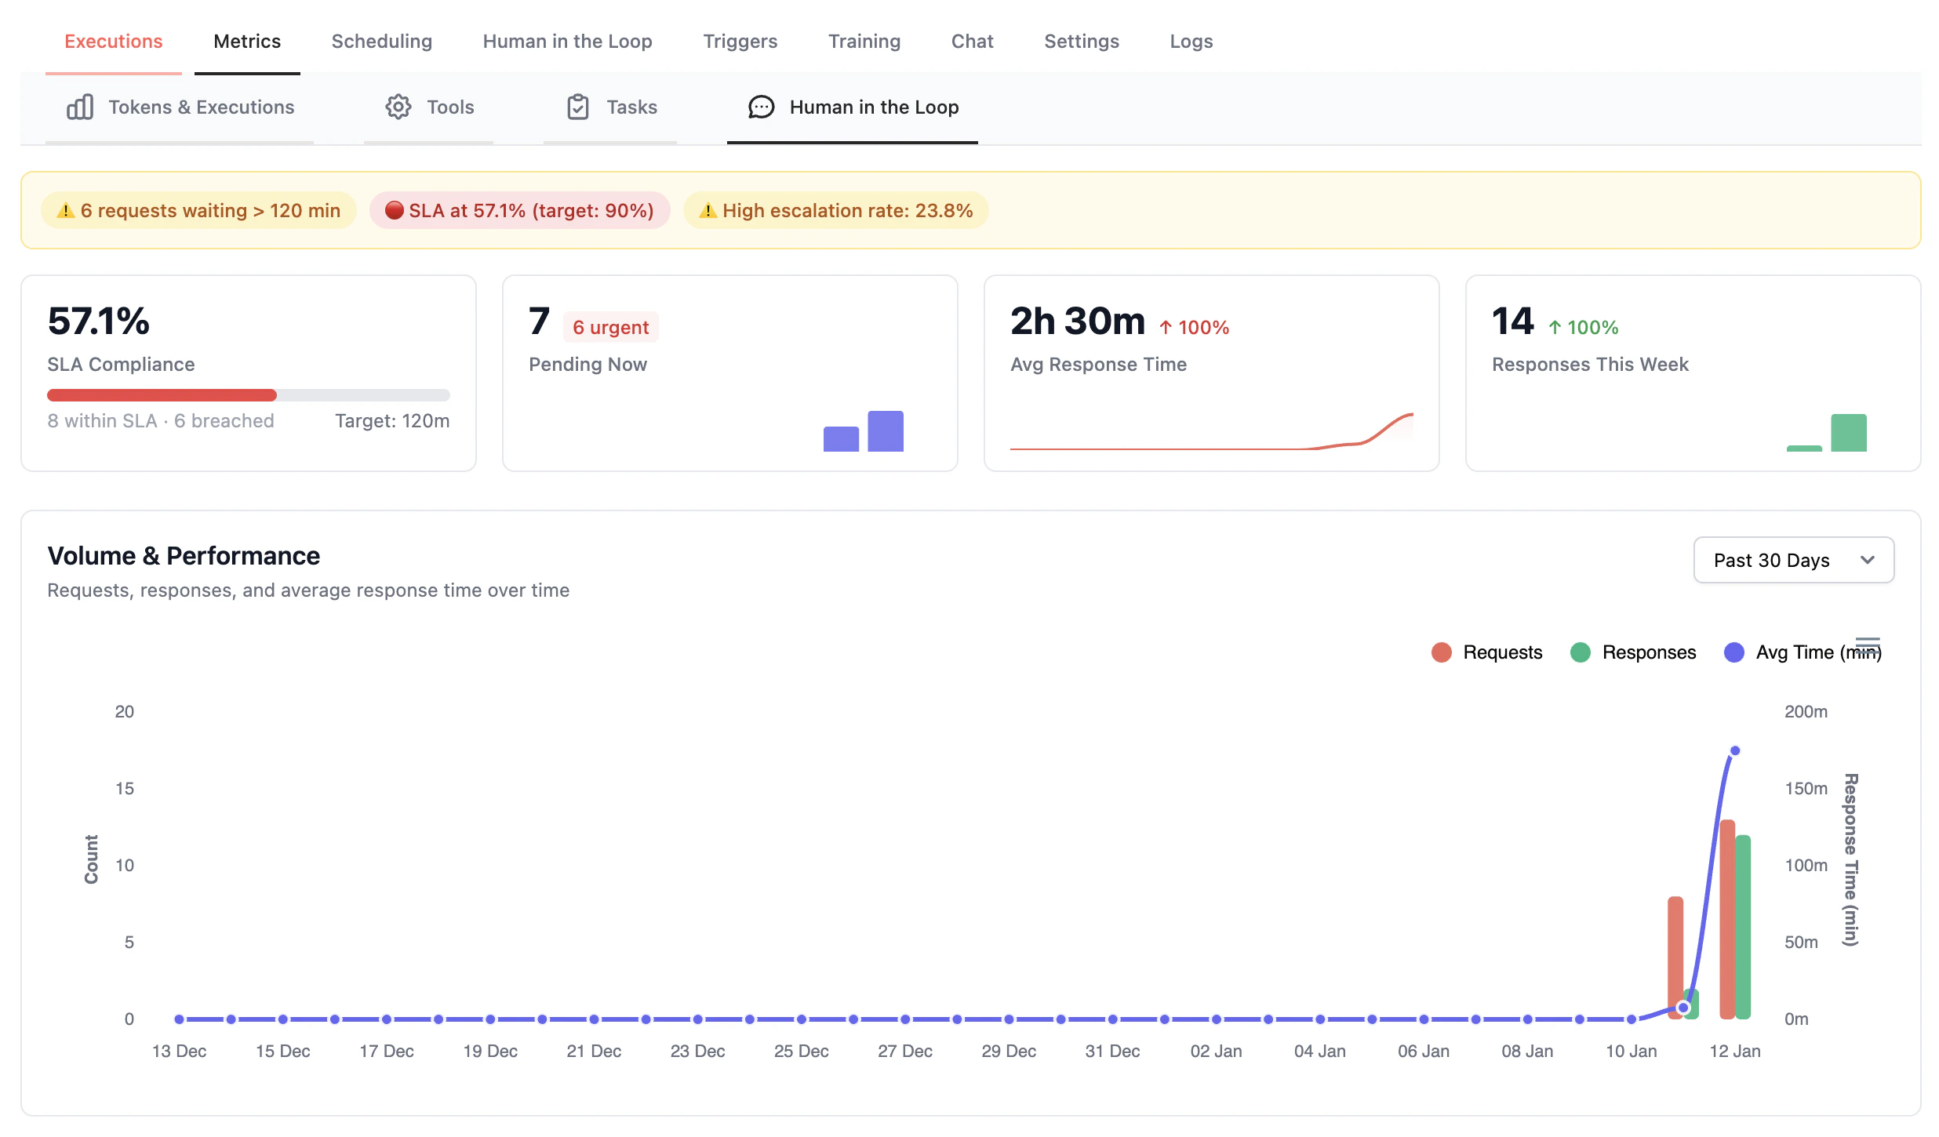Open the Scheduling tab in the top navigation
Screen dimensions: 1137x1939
coord(381,41)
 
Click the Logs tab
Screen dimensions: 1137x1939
coord(1191,41)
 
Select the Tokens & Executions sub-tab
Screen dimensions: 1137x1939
coord(180,107)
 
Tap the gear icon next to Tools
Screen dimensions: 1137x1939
coord(398,107)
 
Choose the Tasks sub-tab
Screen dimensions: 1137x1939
coord(611,107)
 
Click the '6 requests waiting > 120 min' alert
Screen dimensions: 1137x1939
coord(199,210)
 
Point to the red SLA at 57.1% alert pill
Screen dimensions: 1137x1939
coord(519,210)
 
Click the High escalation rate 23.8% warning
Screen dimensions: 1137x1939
coord(835,210)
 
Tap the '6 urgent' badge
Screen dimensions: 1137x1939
coord(610,328)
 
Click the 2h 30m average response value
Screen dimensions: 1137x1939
coord(1077,321)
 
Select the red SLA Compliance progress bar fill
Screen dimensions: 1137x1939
coord(162,395)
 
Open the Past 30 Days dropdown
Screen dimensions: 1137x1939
coord(1793,560)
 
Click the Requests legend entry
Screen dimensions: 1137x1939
coord(1487,652)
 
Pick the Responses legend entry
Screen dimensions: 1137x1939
coord(1633,652)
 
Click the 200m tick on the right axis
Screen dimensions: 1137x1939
coord(1806,712)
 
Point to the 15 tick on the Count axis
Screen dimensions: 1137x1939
coord(125,789)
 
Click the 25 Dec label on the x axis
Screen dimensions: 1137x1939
coord(801,1052)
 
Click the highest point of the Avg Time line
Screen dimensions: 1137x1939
coord(1735,751)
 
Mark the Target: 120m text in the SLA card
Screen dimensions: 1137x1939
coord(392,421)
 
